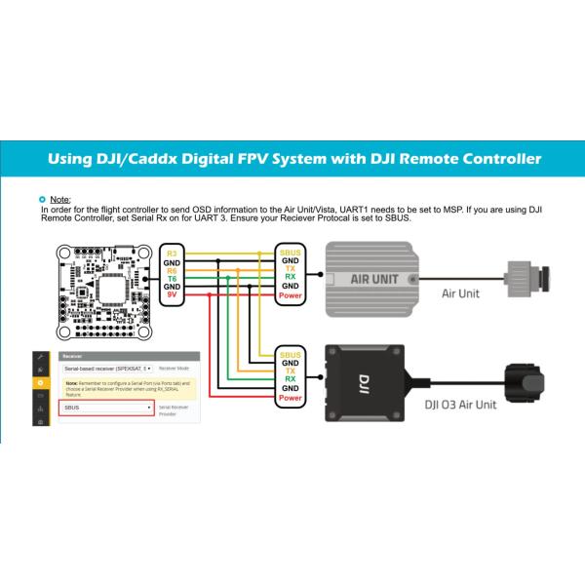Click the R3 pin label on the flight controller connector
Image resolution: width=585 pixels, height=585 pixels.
tap(173, 252)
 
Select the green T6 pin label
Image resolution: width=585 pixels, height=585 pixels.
tap(173, 277)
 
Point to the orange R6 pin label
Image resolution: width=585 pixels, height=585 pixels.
tap(173, 269)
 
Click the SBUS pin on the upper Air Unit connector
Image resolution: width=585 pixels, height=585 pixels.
tap(290, 252)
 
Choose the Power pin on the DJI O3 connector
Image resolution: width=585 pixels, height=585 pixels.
tap(290, 398)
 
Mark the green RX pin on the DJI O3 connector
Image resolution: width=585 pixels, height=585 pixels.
tap(290, 379)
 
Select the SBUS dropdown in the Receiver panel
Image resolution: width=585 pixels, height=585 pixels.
tap(106, 409)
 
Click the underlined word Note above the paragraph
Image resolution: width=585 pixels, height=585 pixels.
tap(59, 199)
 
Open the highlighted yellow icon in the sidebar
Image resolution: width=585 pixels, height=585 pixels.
tap(40, 384)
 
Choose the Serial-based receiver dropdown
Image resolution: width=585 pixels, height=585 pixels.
tap(106, 369)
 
